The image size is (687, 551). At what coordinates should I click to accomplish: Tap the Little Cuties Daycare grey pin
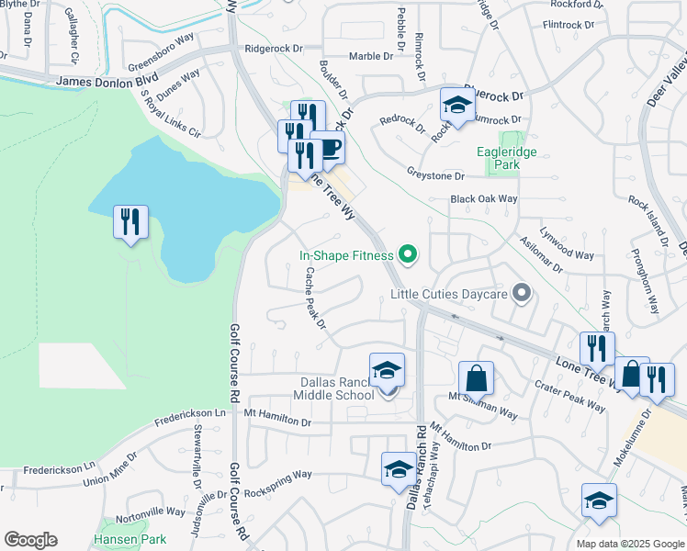[522, 294]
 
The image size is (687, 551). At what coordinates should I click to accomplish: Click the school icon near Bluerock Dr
[456, 107]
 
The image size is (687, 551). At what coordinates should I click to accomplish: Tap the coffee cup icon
[327, 148]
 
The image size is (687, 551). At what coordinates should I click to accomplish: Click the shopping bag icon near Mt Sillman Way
[476, 377]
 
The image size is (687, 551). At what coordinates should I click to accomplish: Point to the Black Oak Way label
[483, 199]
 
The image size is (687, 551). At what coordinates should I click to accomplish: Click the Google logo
[30, 540]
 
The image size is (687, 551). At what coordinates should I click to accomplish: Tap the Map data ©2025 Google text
[630, 544]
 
